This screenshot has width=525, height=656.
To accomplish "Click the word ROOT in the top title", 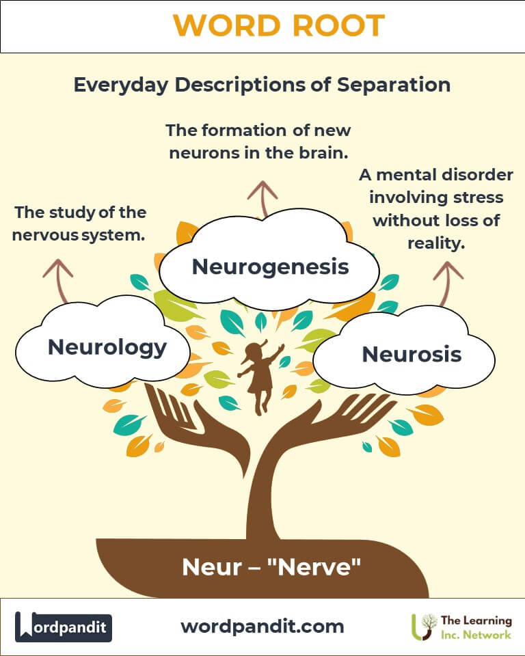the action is point(338,25).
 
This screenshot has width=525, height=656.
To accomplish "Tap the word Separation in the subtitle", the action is point(394,85).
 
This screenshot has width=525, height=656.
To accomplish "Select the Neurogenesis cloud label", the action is point(271,267).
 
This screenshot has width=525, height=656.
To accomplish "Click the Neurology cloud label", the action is point(107,348).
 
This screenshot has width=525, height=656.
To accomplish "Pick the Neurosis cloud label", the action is point(412,355).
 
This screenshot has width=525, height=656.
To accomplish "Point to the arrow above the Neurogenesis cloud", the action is point(262,199).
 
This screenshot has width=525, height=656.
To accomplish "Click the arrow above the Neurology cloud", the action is point(59,281).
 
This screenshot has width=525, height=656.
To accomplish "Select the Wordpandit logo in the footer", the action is point(63,627).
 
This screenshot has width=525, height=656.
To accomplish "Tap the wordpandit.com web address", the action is point(262,627).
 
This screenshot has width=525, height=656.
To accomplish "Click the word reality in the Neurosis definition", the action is point(436,243).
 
